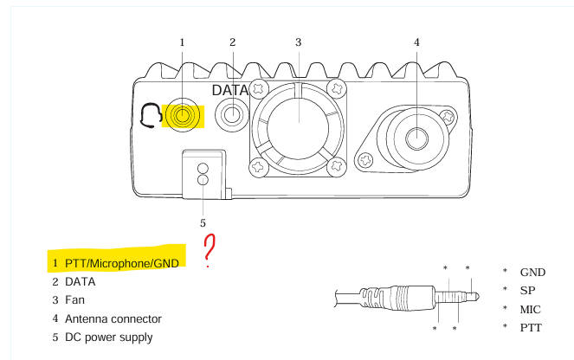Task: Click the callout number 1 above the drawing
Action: click(x=183, y=42)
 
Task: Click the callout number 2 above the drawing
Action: click(x=233, y=42)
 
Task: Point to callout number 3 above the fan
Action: click(x=298, y=42)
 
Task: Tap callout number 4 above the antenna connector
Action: click(x=416, y=42)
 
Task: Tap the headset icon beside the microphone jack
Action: click(x=150, y=114)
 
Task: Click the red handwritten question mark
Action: click(x=209, y=250)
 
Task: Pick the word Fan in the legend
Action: click(x=74, y=299)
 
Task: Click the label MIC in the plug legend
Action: click(x=532, y=308)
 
